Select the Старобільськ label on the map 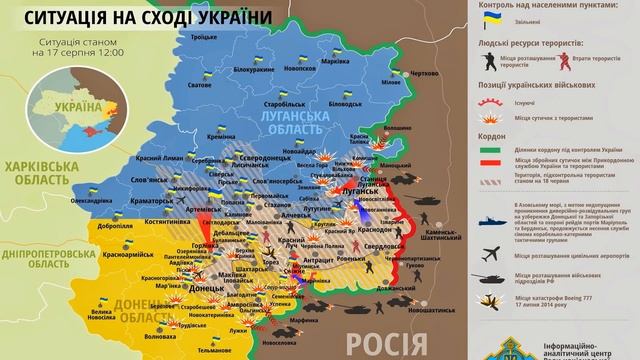click(x=272, y=103)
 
